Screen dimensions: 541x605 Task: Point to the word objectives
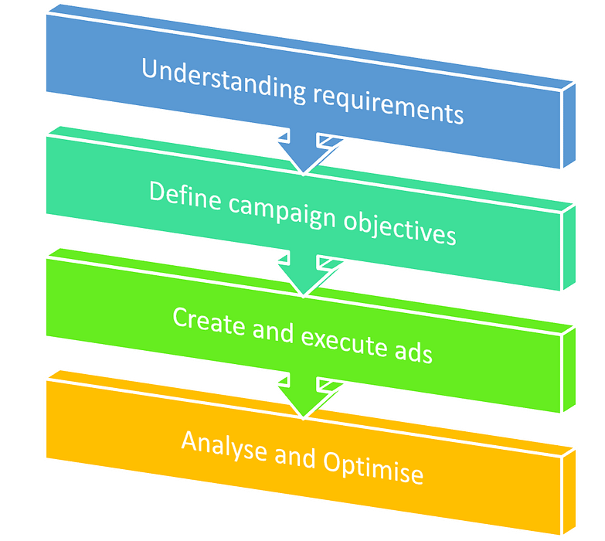pos(399,228)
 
